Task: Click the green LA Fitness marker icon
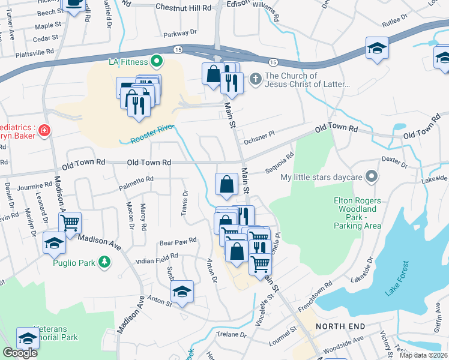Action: (157, 61)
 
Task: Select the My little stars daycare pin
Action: (372, 177)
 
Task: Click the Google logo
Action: (20, 353)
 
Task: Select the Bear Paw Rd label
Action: (178, 241)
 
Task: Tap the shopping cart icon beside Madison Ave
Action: (70, 223)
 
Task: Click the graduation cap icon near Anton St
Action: (182, 292)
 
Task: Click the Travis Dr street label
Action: (185, 203)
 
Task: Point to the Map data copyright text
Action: (423, 355)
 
